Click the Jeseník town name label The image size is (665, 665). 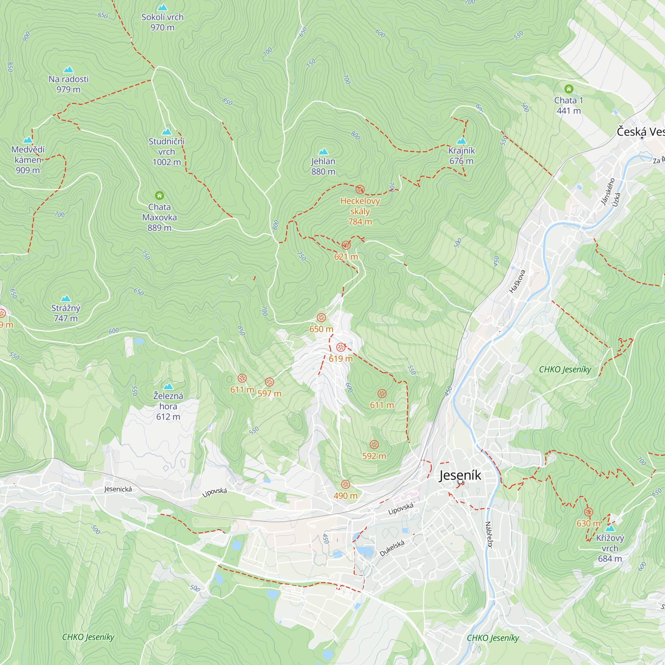pyautogui.click(x=460, y=475)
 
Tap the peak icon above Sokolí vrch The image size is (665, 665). pyautogui.click(x=162, y=7)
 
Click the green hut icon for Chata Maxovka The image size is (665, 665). pyautogui.click(x=159, y=196)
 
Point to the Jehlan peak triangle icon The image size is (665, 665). pyautogui.click(x=323, y=151)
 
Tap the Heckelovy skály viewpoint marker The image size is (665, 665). pyautogui.click(x=360, y=189)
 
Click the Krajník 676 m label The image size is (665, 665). pyautogui.click(x=461, y=156)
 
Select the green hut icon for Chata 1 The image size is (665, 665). pyautogui.click(x=569, y=89)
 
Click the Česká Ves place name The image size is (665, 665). pyautogui.click(x=640, y=132)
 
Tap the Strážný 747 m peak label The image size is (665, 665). pyautogui.click(x=66, y=313)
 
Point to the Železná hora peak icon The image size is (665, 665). pyautogui.click(x=168, y=386)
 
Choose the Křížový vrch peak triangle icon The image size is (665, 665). pyautogui.click(x=609, y=528)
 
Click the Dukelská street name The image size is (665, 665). pyautogui.click(x=392, y=548)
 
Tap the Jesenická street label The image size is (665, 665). pyautogui.click(x=118, y=489)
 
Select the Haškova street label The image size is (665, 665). pyautogui.click(x=517, y=281)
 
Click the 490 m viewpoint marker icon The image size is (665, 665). pyautogui.click(x=345, y=485)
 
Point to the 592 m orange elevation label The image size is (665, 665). pyautogui.click(x=374, y=456)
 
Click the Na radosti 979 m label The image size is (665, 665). pyautogui.click(x=68, y=84)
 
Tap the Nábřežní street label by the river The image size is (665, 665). pyautogui.click(x=489, y=535)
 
